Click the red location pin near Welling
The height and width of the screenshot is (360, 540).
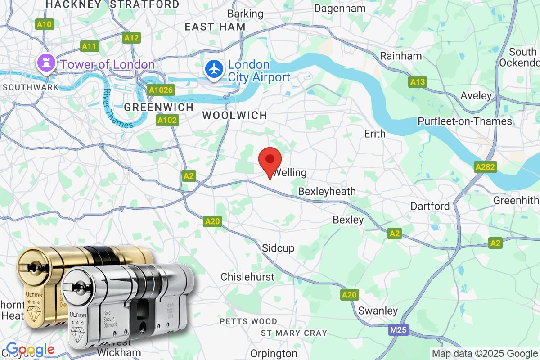[x=270, y=161]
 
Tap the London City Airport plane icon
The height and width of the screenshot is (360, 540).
[x=214, y=70]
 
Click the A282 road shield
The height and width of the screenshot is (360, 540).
[x=486, y=167]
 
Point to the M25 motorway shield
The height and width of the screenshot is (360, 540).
[x=398, y=331]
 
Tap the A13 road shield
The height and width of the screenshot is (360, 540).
[x=418, y=82]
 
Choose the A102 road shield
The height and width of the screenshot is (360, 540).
[x=167, y=120]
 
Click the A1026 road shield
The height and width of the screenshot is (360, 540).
[x=161, y=90]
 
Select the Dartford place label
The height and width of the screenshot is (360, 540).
[x=430, y=206]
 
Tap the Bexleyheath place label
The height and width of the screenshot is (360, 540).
[x=327, y=192]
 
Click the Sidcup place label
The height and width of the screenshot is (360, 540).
[x=278, y=248]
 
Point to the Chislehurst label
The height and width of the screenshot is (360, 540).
[x=247, y=277]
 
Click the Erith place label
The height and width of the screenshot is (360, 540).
[x=375, y=134]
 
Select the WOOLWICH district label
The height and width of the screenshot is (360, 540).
[x=234, y=115]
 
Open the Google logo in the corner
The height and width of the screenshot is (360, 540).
[x=30, y=349]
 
